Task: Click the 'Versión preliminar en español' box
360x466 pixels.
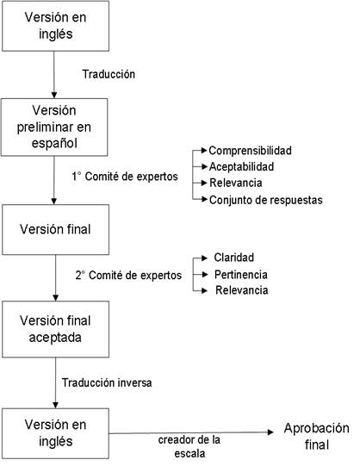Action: (54, 127)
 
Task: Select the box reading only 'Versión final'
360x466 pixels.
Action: (55, 229)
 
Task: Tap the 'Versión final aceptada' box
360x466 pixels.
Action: (55, 329)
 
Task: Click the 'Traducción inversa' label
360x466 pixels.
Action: (107, 382)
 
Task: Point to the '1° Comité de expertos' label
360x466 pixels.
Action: (125, 177)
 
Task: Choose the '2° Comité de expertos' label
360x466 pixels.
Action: (128, 275)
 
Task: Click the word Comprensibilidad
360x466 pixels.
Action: (250, 151)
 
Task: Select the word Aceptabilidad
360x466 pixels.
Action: (241, 167)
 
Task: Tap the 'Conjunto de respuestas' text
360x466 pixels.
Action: (266, 200)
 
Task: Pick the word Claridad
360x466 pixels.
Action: (234, 258)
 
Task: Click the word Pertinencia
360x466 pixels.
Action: (241, 274)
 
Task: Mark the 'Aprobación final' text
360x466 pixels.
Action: (317, 436)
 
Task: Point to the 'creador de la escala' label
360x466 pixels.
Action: (189, 446)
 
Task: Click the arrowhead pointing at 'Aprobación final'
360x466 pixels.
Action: (270, 432)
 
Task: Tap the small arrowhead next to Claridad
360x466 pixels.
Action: (204, 258)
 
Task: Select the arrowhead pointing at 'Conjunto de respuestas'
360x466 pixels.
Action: (204, 199)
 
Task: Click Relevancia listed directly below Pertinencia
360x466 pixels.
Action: (242, 290)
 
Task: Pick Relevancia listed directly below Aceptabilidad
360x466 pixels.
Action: (236, 183)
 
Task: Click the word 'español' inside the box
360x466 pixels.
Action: (54, 144)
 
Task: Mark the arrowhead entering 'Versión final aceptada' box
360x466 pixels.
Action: (55, 297)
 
